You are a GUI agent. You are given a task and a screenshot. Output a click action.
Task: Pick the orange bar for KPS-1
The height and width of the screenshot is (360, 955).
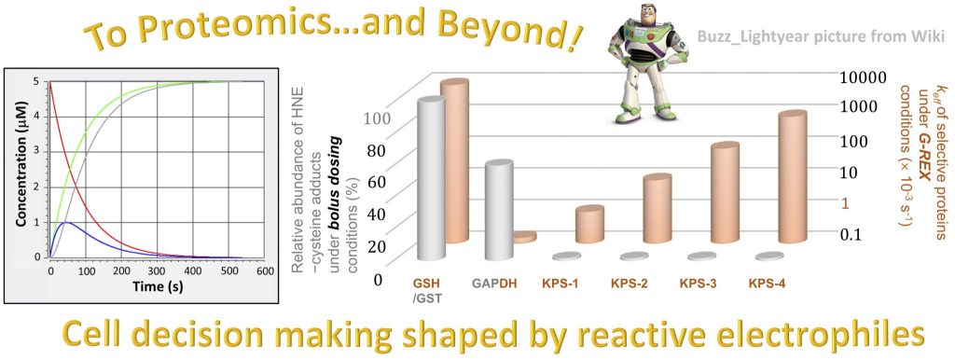589,224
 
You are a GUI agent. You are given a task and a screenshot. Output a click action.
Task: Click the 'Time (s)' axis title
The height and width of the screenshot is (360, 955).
158,286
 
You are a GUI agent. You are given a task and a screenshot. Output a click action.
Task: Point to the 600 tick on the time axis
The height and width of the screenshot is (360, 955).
264,271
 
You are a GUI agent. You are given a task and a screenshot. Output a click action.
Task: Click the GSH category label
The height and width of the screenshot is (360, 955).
425,284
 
